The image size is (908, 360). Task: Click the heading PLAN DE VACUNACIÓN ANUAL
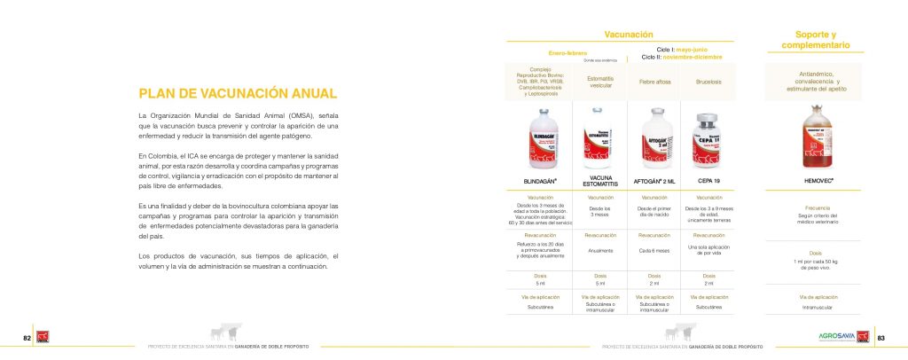click(x=237, y=93)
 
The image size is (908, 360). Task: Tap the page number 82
click(x=27, y=337)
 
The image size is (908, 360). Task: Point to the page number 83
click(x=881, y=337)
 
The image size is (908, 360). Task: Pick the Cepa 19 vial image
click(x=709, y=137)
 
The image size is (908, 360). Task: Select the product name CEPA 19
click(x=709, y=181)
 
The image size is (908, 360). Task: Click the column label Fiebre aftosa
click(x=654, y=82)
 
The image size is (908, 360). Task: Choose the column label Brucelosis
click(x=709, y=82)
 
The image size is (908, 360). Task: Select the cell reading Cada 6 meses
click(x=654, y=250)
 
